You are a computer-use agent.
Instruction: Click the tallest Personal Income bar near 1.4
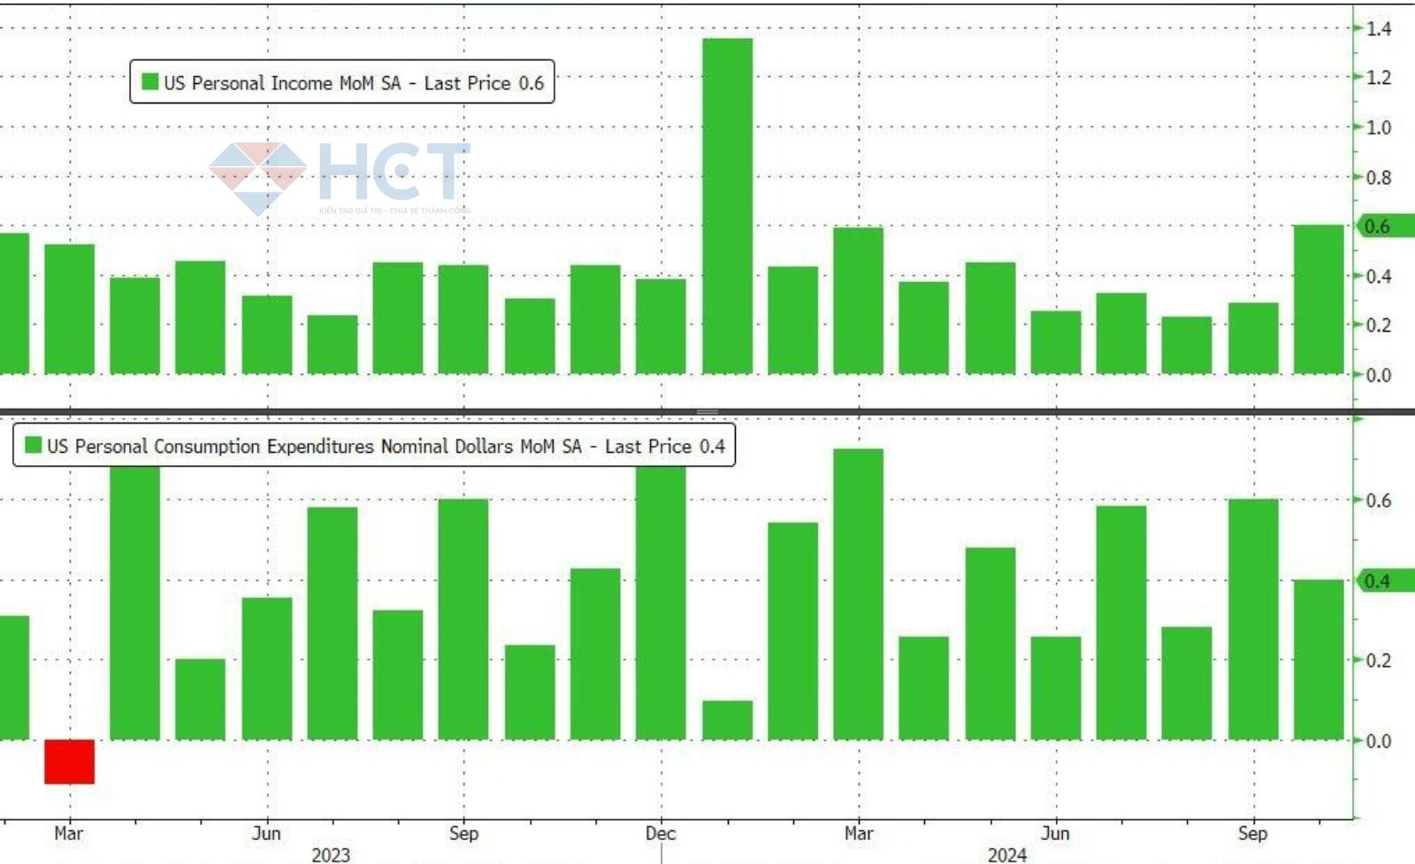pos(727,205)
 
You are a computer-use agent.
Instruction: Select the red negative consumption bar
pos(69,761)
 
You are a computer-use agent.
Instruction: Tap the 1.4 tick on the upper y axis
pos(1378,29)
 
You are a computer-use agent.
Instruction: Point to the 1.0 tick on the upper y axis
pos(1378,128)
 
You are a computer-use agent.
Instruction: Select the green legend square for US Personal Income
pos(150,82)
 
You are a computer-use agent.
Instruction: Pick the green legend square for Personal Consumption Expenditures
pos(34,445)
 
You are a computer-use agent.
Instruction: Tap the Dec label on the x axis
pos(661,833)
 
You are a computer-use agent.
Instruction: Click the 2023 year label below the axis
pos(331,854)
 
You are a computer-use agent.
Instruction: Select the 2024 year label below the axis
pos(1006,854)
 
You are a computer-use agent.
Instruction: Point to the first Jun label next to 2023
pos(266,833)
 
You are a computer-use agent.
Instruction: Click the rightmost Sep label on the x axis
pos(1252,833)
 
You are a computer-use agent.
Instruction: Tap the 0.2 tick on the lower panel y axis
pos(1378,661)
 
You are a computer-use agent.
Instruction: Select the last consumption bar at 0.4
pos(1318,660)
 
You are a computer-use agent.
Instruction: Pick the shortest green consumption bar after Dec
pos(727,720)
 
